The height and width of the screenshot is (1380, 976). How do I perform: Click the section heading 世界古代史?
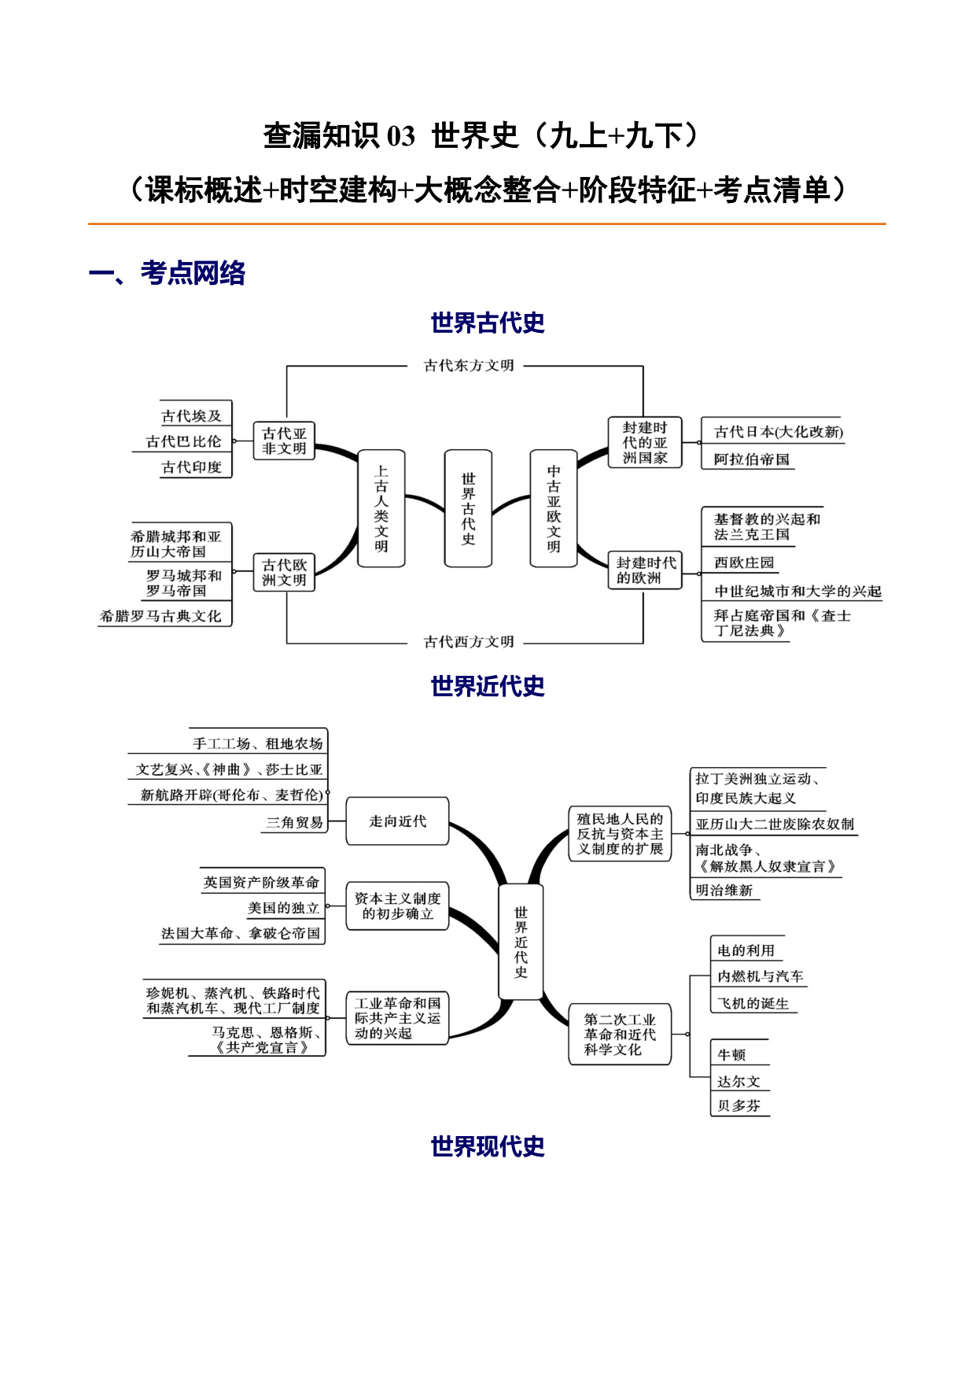[x=488, y=323]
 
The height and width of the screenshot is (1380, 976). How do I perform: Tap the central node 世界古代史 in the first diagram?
[x=469, y=508]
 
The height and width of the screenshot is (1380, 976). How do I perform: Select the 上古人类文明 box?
[x=381, y=508]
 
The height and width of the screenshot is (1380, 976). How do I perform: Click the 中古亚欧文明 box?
[x=554, y=508]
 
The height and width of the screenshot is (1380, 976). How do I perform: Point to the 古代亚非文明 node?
[x=284, y=441]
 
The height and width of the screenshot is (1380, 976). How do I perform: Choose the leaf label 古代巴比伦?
[x=184, y=441]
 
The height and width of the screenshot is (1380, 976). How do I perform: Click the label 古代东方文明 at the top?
[x=469, y=365]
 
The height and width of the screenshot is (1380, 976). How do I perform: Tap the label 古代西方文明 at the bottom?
[x=469, y=642]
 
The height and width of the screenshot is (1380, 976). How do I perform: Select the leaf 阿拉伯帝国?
[x=752, y=459]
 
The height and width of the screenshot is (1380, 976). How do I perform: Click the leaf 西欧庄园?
[x=744, y=563]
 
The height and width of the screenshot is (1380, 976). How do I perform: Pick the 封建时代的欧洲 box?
[x=646, y=570]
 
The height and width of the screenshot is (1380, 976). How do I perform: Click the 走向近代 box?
[x=398, y=821]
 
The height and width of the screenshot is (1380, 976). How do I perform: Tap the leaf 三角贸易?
[x=294, y=822]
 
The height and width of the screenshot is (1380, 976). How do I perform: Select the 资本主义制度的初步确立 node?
[x=398, y=906]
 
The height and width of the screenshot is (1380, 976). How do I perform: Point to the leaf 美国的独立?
[x=284, y=908]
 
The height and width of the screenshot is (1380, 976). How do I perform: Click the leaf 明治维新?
[x=724, y=890]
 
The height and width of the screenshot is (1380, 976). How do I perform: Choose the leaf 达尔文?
[x=738, y=1081]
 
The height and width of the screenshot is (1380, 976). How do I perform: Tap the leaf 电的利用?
[x=746, y=950]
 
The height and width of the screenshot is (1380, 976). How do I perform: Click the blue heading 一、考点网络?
[x=168, y=273]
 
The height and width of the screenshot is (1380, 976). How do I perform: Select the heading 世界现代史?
[x=488, y=1146]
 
